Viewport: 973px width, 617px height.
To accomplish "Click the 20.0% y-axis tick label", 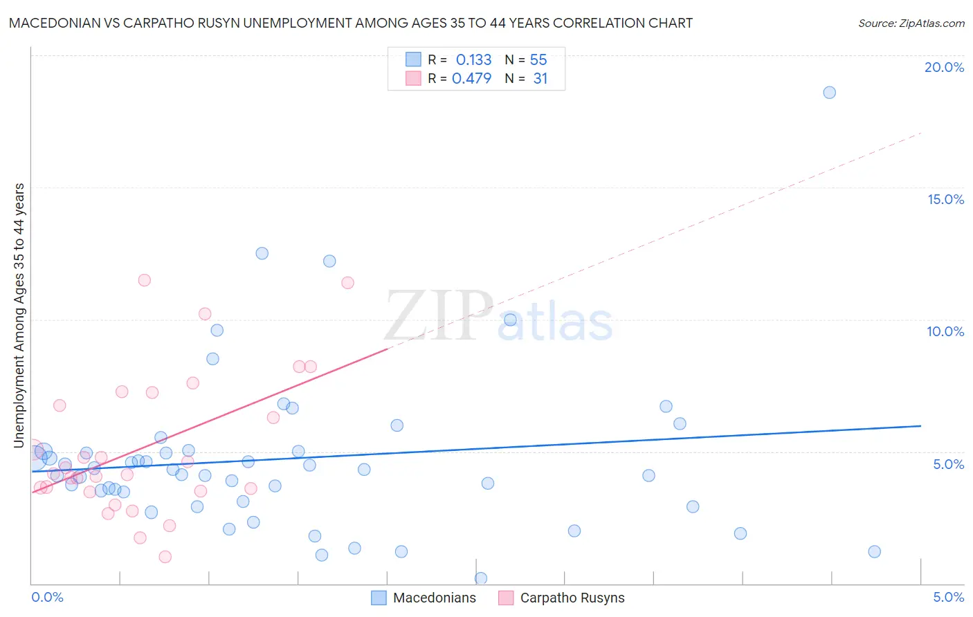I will pos(944,67).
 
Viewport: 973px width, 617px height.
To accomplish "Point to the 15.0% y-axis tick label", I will pos(945,199).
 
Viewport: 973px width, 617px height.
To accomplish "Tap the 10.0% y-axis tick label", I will pos(945,331).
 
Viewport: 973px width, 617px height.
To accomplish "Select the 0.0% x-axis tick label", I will pos(47,597).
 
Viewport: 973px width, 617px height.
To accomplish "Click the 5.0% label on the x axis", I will pos(948,597).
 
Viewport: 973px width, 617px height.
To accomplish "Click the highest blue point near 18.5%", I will pos(829,93).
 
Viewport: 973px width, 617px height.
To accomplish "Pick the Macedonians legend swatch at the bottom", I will pos(379,598).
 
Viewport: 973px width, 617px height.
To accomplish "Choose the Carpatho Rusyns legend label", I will pos(572,598).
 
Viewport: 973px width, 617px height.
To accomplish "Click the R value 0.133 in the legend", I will pos(473,60).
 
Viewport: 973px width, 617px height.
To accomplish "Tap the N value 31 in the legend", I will pos(540,79).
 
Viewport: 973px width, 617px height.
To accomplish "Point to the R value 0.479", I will pos(471,79).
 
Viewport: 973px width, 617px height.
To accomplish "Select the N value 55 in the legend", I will pos(538,60).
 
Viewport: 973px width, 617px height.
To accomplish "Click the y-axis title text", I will pos(19,315).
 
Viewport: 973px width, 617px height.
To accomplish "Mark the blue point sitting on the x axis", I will pos(481,578).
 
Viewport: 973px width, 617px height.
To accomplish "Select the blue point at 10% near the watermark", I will pos(510,320).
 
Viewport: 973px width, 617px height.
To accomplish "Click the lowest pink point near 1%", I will pos(165,557).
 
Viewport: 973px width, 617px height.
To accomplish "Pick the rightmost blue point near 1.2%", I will pos(874,551).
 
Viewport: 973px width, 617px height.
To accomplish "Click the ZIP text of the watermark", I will pos(437,316).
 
